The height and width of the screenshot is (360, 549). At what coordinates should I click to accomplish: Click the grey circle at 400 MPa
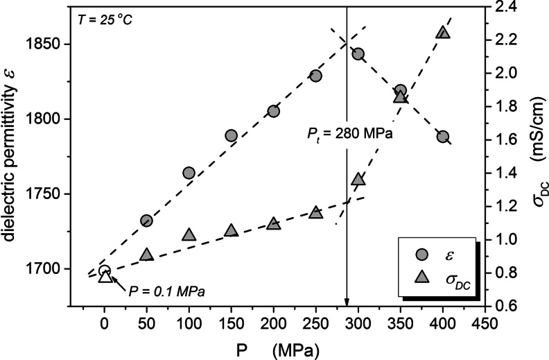[x=444, y=137]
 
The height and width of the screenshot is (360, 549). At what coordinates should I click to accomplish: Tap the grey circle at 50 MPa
[x=146, y=221]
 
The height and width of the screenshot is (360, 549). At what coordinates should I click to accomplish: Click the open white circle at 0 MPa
[x=105, y=271]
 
